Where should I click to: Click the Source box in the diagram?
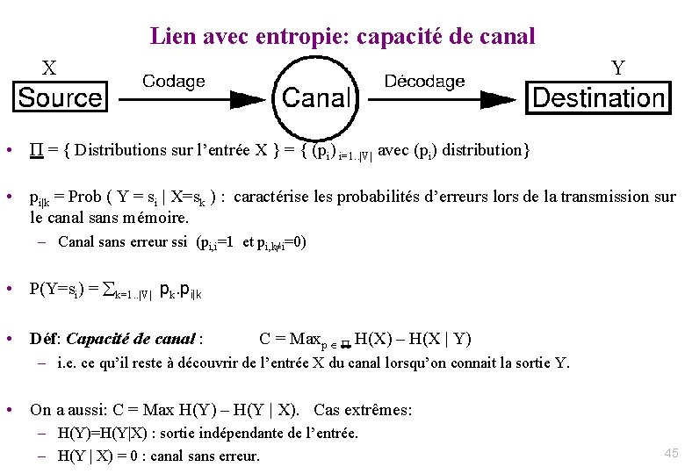[60, 97]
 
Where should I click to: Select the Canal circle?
[317, 97]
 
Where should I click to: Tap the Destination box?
[598, 97]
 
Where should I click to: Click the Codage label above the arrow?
[174, 81]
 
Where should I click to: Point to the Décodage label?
[424, 81]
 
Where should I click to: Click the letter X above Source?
[50, 68]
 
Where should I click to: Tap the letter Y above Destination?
[618, 68]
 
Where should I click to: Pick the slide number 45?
[671, 453]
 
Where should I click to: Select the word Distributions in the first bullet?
[121, 150]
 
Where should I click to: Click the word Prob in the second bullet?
[85, 197]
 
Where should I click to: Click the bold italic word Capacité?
[99, 339]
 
